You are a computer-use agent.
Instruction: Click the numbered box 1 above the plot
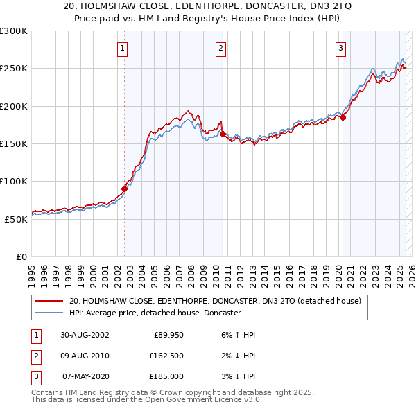(122, 49)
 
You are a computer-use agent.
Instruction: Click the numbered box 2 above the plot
(220, 49)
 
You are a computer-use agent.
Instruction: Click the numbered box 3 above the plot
(341, 49)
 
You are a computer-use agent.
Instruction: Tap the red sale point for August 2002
(125, 188)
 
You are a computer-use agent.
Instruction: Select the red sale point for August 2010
(223, 134)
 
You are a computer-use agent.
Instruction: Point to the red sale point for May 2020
(343, 117)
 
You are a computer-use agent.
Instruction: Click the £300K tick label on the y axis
(14, 31)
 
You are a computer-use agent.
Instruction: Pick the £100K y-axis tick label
(14, 181)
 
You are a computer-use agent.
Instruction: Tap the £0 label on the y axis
(21, 256)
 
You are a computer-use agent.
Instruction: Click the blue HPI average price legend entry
(155, 313)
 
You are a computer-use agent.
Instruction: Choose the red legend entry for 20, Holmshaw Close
(215, 302)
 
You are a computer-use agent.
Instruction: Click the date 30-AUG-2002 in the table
(85, 335)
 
